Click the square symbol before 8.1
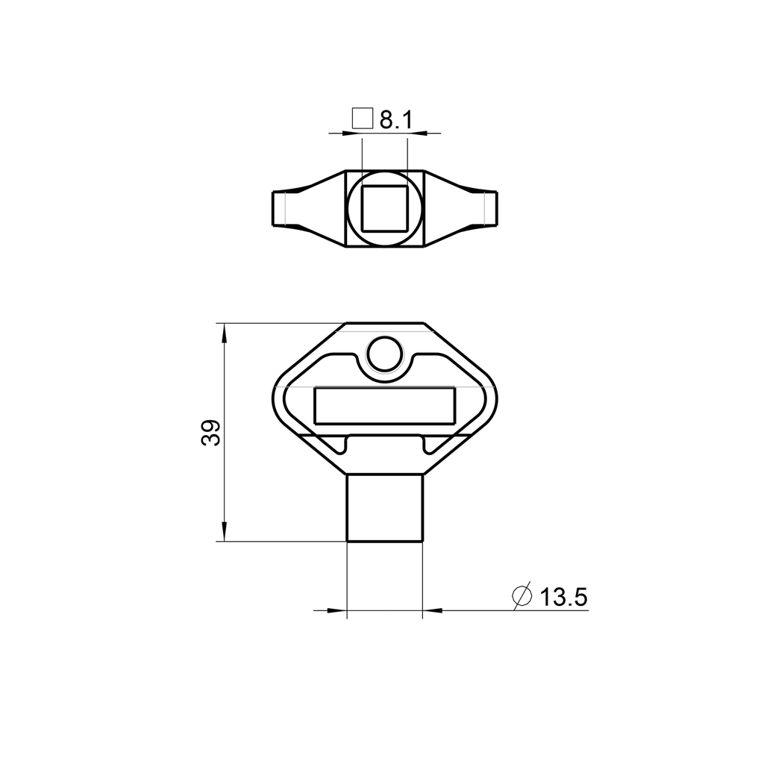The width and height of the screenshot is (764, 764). pos(363,119)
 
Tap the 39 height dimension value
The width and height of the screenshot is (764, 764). pos(211,432)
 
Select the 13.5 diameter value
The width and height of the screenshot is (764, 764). pos(564,597)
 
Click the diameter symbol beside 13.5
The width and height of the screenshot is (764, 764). pos(522,596)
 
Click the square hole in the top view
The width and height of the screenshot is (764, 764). pos(384,208)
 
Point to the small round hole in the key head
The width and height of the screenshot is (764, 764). pos(385,354)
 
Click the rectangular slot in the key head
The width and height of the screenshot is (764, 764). pos(384,405)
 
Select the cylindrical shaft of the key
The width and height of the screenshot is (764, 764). pos(385,508)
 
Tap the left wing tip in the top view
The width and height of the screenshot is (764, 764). pos(279,208)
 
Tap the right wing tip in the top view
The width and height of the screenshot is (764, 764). pos(489,208)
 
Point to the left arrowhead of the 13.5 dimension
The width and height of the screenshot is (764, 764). pos(339,610)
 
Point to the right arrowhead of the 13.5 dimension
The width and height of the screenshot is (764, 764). pos(431,610)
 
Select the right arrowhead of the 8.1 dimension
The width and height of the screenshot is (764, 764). pos(416,134)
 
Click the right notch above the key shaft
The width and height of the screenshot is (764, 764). pos(427,445)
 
